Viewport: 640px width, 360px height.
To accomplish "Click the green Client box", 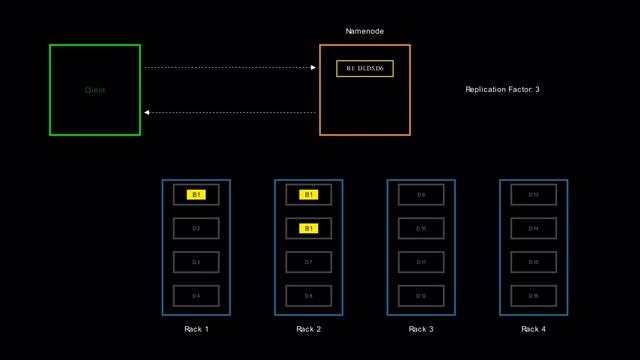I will (x=95, y=90).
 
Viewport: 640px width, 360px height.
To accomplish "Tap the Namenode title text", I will (x=365, y=32).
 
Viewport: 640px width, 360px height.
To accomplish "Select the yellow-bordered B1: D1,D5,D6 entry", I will (x=365, y=69).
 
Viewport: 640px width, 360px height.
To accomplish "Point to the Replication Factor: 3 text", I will (x=503, y=90).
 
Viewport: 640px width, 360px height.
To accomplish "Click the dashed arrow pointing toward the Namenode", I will (x=230, y=68).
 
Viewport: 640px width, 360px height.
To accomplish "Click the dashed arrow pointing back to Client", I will (x=230, y=112).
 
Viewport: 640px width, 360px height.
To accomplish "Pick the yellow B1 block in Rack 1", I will (x=197, y=195).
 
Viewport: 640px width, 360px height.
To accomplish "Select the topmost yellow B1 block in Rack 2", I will (x=309, y=195).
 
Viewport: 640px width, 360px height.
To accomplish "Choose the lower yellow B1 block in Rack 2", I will (x=309, y=229).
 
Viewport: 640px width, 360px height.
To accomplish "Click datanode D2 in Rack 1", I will (x=197, y=229).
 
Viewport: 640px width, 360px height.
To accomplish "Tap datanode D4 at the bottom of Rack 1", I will (x=197, y=296).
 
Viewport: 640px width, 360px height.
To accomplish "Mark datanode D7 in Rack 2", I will (x=309, y=262).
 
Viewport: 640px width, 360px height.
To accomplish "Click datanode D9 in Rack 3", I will (x=421, y=195).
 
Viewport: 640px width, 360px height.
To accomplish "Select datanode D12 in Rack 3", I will (x=421, y=296).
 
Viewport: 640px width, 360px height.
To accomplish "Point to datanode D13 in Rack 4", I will (x=533, y=195).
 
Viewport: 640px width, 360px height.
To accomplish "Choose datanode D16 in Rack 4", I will (x=533, y=296).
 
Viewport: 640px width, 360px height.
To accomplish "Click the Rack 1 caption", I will (x=197, y=329).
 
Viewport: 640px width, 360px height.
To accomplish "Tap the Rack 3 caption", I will (x=421, y=329).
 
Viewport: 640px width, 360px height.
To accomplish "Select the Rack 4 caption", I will (x=533, y=329).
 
